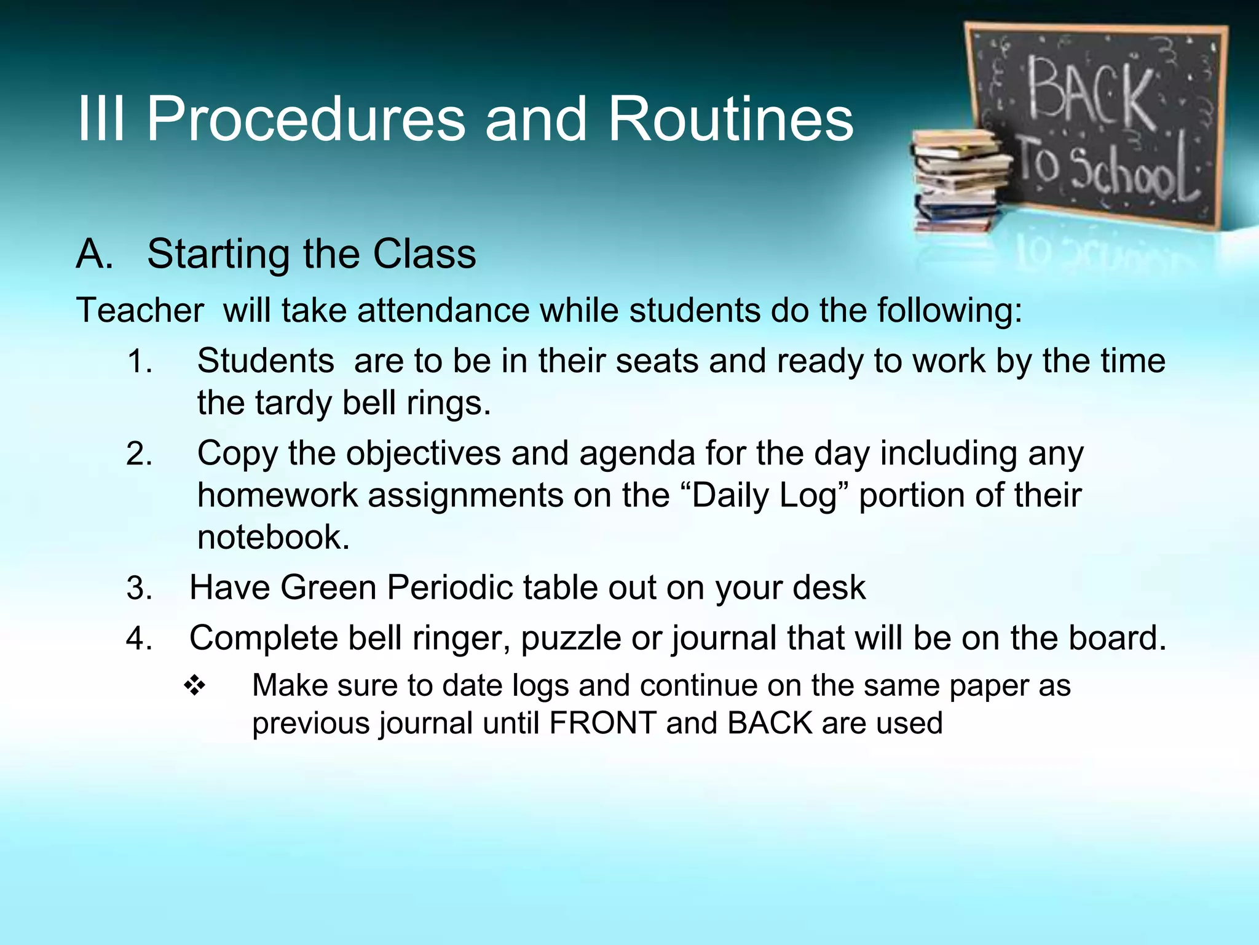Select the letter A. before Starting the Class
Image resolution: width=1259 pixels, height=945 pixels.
coord(95,254)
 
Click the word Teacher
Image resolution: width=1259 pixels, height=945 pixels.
coord(140,309)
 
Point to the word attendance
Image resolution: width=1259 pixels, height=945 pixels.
coord(443,309)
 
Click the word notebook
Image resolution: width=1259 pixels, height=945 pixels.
coord(273,537)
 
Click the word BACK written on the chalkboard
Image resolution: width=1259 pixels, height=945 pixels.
coord(1089,92)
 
